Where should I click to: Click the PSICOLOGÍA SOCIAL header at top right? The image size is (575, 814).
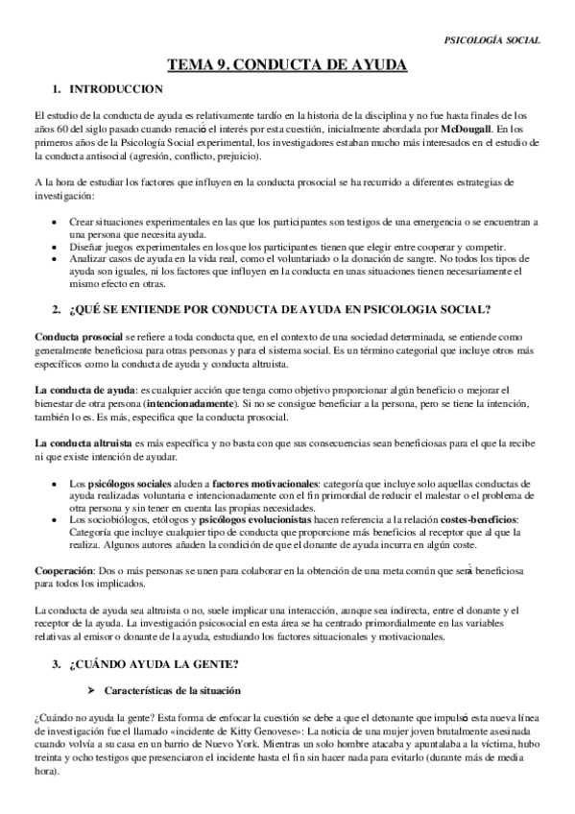pos(492,40)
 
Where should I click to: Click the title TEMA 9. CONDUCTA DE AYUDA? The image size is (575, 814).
pos(287,64)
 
